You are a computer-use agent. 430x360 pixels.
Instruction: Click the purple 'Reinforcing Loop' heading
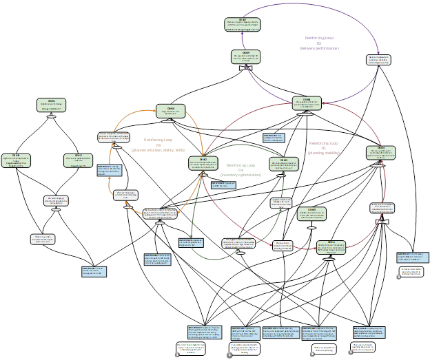tap(320, 38)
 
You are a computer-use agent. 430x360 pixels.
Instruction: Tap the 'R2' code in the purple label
tap(320, 43)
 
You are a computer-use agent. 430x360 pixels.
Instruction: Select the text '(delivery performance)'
tap(320, 48)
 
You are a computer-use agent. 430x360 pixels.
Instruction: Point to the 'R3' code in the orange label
tap(158, 145)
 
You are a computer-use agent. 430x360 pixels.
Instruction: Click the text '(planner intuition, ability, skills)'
tap(158, 149)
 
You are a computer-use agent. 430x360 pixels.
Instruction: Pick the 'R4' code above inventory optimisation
tap(240, 170)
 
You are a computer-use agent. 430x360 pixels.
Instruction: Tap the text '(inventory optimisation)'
tap(240, 175)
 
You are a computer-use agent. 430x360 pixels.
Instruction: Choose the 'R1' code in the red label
tap(323, 147)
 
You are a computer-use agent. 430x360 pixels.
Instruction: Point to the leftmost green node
tap(15, 160)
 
